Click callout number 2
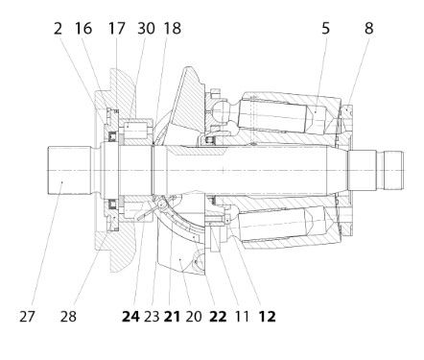click(x=58, y=28)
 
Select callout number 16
click(x=83, y=28)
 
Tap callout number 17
click(x=116, y=28)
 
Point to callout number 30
click(x=146, y=28)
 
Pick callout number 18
click(x=173, y=28)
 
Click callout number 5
click(x=325, y=28)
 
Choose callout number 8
click(x=368, y=28)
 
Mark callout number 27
click(x=27, y=317)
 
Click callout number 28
click(x=68, y=317)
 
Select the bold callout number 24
click(x=130, y=317)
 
